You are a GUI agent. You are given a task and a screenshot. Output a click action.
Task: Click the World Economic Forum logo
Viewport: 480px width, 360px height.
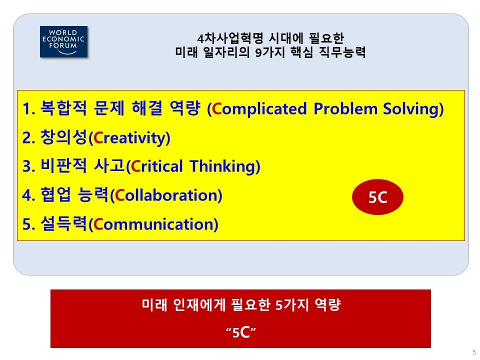[63, 41]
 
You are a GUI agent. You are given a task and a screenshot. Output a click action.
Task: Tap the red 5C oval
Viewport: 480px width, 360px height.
[377, 198]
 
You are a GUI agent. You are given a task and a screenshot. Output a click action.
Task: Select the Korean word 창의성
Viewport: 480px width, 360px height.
[63, 138]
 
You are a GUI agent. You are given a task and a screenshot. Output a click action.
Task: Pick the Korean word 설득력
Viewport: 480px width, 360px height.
[63, 224]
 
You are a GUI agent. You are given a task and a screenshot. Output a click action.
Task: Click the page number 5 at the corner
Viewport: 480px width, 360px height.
[473, 352]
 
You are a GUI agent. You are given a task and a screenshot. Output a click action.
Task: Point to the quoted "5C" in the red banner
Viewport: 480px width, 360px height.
[240, 332]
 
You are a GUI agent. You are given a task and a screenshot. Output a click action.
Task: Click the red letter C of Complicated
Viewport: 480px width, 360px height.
[216, 109]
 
